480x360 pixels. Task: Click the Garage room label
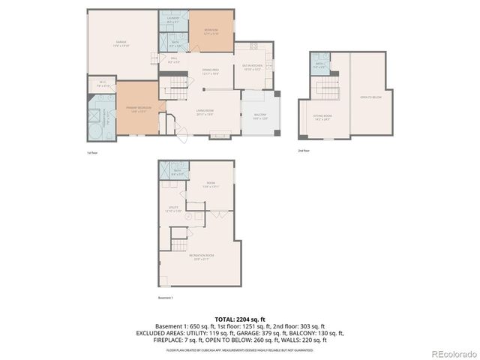[x=121, y=44]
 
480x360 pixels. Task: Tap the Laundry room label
[x=173, y=21]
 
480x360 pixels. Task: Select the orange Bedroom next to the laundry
[x=211, y=32]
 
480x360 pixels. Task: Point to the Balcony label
[x=259, y=117]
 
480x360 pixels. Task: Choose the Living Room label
[x=205, y=113]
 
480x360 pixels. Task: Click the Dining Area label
[x=210, y=72]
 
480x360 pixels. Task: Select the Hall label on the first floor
[x=173, y=60]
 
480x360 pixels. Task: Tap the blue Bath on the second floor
[x=319, y=65]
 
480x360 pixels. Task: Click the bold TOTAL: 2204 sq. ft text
[x=240, y=319]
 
